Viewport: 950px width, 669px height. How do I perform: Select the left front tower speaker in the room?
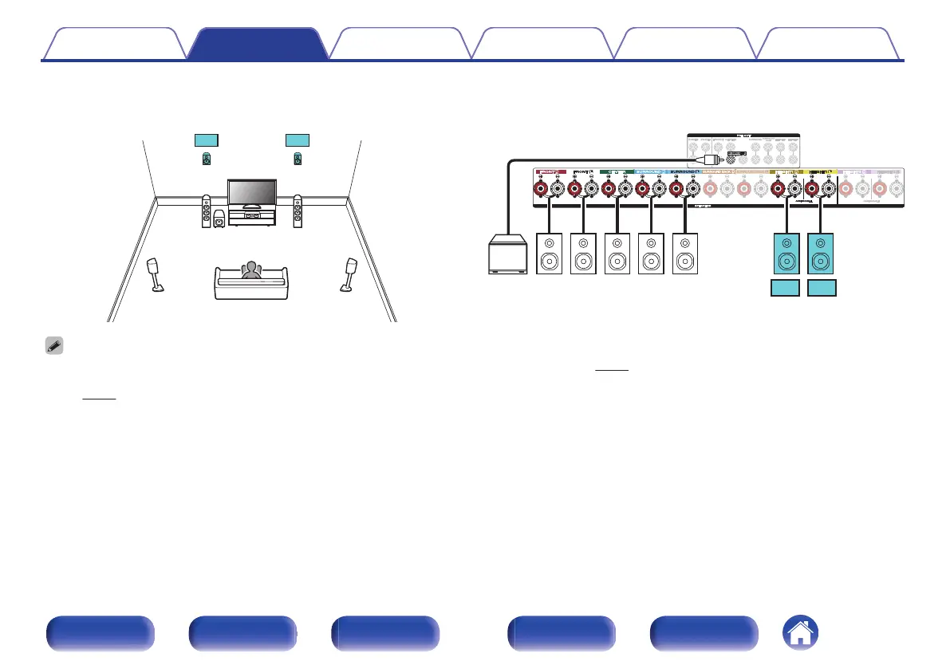tap(207, 211)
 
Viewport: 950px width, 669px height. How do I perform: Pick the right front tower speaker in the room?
tap(298, 211)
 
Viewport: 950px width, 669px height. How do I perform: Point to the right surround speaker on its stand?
tap(349, 274)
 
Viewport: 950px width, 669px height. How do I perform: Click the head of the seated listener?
tap(252, 269)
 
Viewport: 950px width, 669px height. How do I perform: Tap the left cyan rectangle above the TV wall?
tap(206, 140)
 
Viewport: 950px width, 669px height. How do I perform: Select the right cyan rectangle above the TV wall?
tap(298, 140)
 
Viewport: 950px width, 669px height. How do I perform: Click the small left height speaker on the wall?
tap(207, 159)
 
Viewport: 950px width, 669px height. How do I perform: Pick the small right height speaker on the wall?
tap(298, 159)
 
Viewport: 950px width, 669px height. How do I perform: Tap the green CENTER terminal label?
tap(615, 171)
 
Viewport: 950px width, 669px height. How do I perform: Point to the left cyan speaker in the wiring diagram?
tap(786, 254)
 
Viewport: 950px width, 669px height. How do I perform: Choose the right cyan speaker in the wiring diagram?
tap(822, 254)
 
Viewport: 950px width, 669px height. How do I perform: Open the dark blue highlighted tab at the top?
tap(258, 44)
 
